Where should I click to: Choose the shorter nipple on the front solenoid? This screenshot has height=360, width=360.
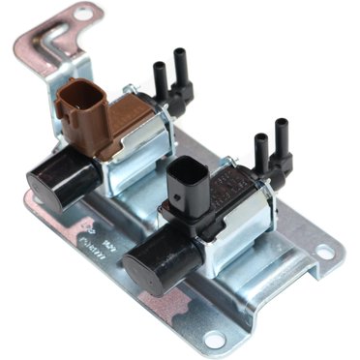[260, 155]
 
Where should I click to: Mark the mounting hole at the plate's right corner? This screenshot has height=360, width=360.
[324, 255]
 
